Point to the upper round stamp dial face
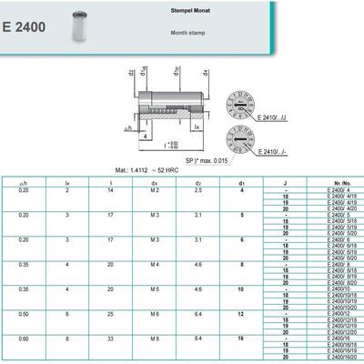click(x=238, y=103)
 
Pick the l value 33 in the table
click(x=110, y=336)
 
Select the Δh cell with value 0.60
click(x=23, y=336)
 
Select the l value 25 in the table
click(x=110, y=311)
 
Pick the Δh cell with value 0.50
click(x=23, y=311)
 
